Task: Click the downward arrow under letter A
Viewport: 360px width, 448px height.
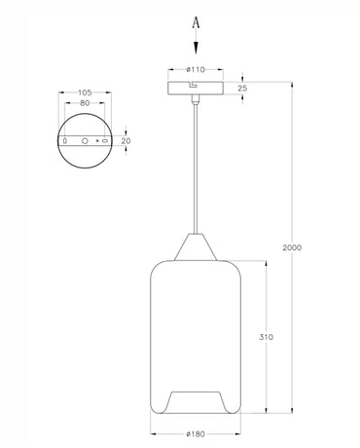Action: click(x=197, y=43)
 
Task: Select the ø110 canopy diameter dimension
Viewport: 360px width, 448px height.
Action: click(x=195, y=70)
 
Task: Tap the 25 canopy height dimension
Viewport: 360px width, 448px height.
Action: click(x=242, y=89)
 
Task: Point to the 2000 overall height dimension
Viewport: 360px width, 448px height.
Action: click(x=292, y=247)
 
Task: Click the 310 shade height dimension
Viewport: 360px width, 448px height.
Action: click(x=266, y=337)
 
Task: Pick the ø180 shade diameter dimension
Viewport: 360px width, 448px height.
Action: click(x=196, y=433)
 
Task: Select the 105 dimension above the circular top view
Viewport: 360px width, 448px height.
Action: click(x=84, y=94)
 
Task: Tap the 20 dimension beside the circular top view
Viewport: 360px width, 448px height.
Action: click(x=125, y=140)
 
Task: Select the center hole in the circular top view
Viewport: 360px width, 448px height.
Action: click(x=84, y=141)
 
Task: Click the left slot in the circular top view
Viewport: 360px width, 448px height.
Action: click(x=65, y=141)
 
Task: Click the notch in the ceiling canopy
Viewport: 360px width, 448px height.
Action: click(x=195, y=85)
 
